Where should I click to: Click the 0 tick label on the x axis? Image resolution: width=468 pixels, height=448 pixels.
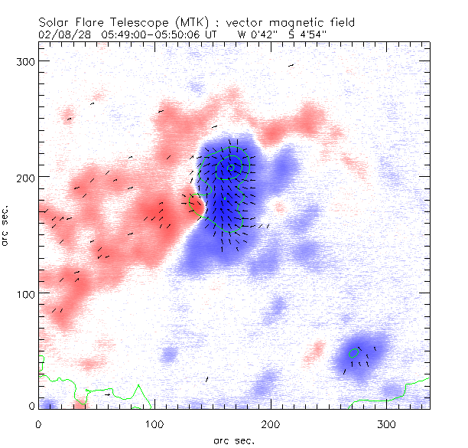[x=38, y=423]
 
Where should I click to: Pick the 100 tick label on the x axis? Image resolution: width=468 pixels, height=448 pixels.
[x=154, y=423]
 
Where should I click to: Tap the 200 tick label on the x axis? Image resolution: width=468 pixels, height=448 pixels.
[x=271, y=423]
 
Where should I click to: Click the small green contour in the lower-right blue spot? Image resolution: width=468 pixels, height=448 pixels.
[x=353, y=353]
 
